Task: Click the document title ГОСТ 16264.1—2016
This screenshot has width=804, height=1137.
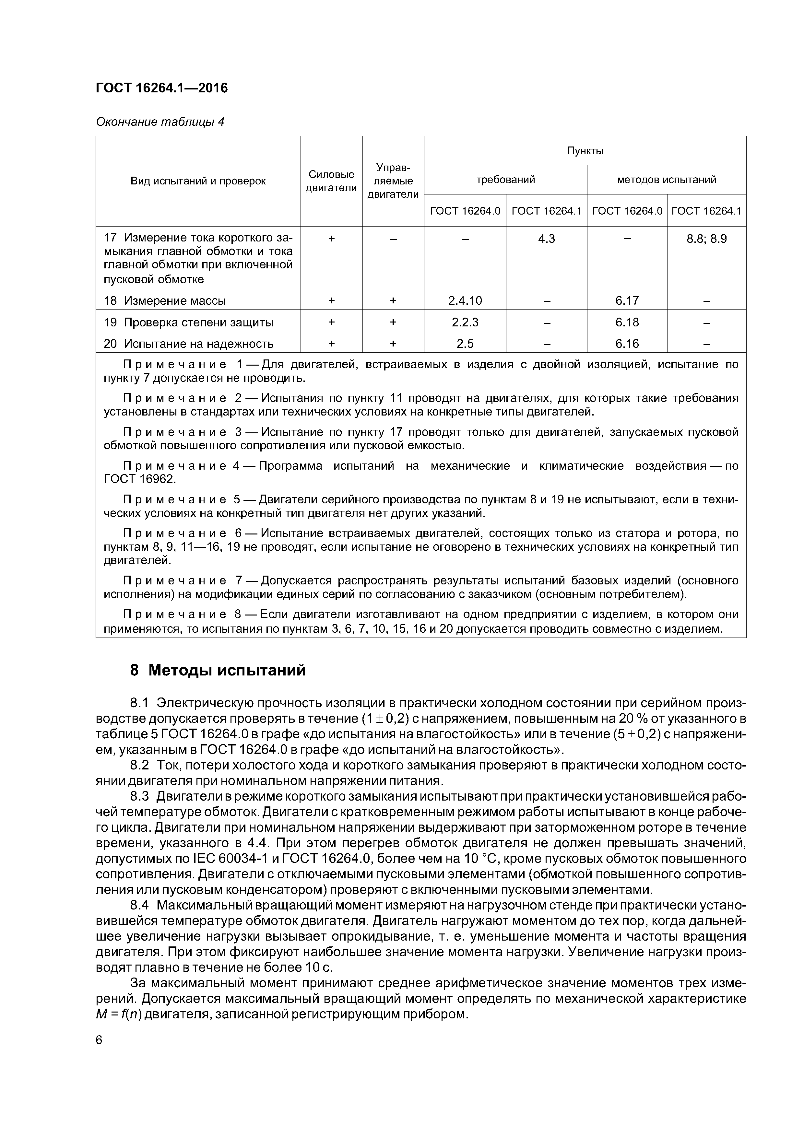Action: [x=161, y=88]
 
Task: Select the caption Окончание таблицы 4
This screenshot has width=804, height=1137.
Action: [x=160, y=122]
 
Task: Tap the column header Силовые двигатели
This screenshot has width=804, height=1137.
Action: [x=331, y=181]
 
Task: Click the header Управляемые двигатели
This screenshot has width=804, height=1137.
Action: [x=393, y=181]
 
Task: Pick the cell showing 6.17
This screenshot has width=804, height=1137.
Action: [x=627, y=300]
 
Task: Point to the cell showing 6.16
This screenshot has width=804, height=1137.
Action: [x=627, y=344]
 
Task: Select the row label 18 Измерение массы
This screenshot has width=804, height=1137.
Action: [x=165, y=300]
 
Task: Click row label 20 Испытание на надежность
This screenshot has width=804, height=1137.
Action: [x=189, y=344]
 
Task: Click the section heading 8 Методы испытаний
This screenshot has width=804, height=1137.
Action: [x=218, y=671]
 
